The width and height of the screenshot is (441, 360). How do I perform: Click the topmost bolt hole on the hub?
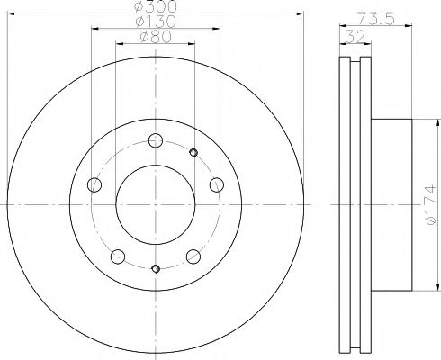click(x=156, y=139)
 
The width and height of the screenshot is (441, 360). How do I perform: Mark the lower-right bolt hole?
click(x=193, y=256)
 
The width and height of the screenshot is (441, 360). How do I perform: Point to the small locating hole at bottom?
click(x=156, y=268)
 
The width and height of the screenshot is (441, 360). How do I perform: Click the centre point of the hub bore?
click(x=156, y=207)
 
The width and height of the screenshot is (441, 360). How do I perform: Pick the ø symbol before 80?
click(x=146, y=37)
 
